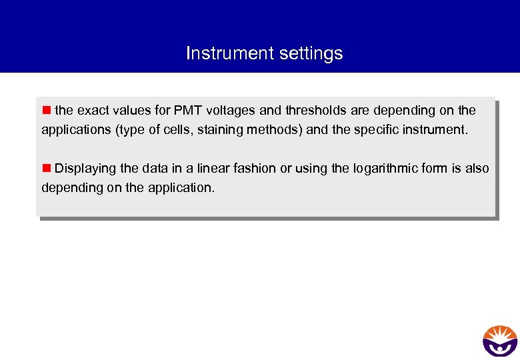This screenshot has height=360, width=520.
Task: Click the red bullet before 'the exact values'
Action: coord(47,109)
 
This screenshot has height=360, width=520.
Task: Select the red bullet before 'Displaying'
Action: coord(47,168)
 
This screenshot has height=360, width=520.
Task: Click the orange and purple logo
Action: coord(499,341)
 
